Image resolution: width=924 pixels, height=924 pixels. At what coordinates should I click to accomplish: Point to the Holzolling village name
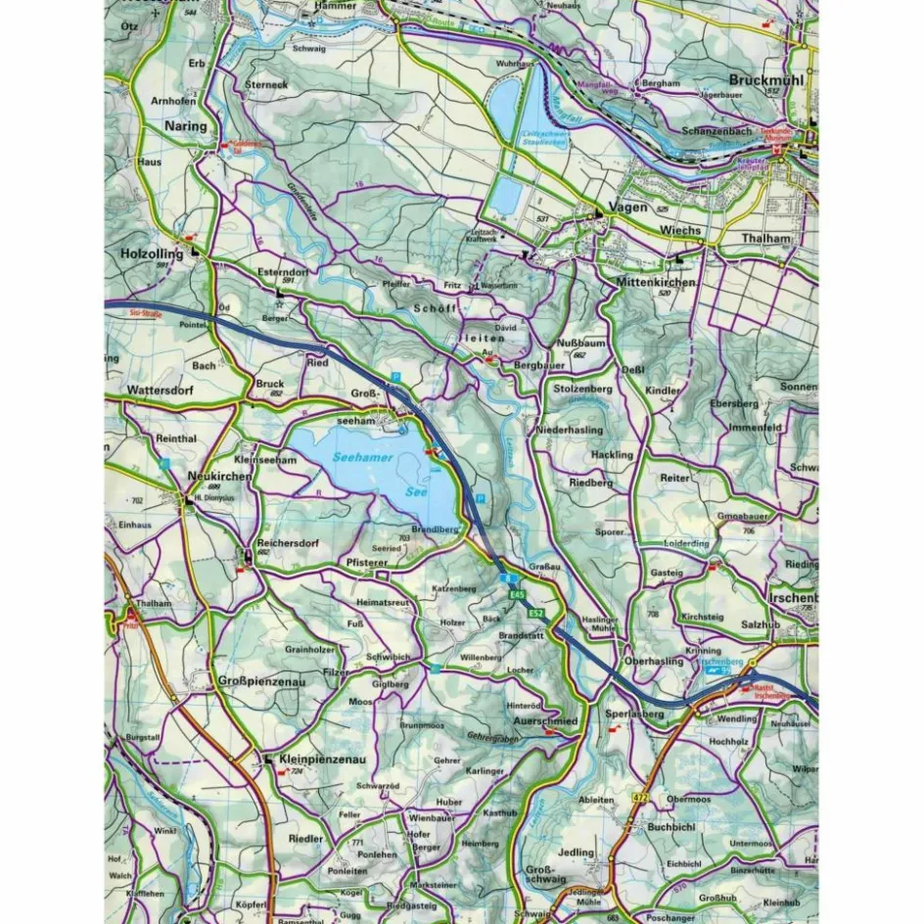pyautogui.click(x=152, y=254)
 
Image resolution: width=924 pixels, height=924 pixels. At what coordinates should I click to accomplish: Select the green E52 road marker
pyautogui.click(x=535, y=613)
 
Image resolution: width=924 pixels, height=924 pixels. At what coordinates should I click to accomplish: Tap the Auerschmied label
pyautogui.click(x=546, y=720)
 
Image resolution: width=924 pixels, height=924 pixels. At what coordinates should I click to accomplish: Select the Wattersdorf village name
pyautogui.click(x=161, y=390)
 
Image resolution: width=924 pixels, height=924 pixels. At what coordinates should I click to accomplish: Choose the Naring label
pyautogui.click(x=186, y=126)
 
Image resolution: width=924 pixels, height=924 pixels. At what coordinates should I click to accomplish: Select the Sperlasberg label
pyautogui.click(x=634, y=715)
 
